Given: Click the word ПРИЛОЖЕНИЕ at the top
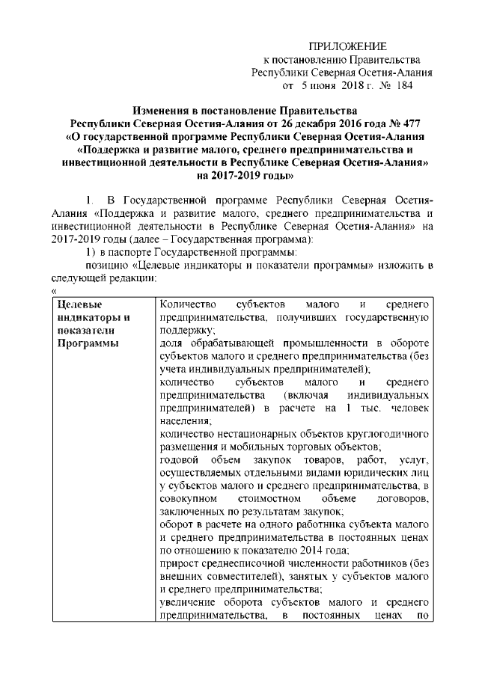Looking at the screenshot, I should [347, 46].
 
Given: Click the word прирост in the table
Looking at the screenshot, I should [177, 563].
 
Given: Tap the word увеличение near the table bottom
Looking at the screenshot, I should [187, 602].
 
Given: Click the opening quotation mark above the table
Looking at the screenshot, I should [55, 290].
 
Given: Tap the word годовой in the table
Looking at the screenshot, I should [177, 460].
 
